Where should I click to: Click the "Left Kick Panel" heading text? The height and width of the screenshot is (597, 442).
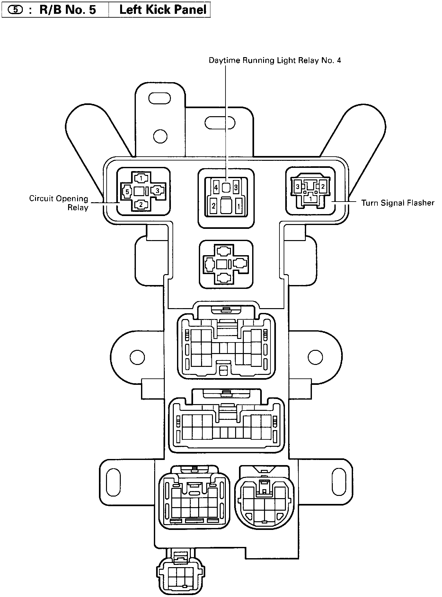pos(163,10)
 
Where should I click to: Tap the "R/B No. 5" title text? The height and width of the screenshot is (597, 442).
pos(67,10)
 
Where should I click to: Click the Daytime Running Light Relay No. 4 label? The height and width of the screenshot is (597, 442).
pos(275,60)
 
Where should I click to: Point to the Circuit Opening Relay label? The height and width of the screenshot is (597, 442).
pos(59,203)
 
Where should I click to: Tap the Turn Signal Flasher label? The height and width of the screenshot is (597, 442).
pos(398,203)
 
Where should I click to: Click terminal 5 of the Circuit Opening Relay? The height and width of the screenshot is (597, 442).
pos(127,192)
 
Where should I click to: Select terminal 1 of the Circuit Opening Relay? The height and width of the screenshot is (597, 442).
pos(141,177)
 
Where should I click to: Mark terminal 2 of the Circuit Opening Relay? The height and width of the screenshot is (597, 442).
pos(141,204)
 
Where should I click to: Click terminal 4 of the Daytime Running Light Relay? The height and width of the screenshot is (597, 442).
pos(216,187)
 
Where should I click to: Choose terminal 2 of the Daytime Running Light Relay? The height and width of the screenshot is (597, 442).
pos(214,206)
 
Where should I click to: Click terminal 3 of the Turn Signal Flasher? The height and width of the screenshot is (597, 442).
pos(298,186)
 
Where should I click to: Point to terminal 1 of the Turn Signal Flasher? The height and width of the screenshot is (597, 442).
pos(310,199)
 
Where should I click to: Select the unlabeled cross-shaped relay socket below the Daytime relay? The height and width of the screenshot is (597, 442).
pos(226,264)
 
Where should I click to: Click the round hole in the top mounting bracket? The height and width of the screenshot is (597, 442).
pos(160,136)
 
